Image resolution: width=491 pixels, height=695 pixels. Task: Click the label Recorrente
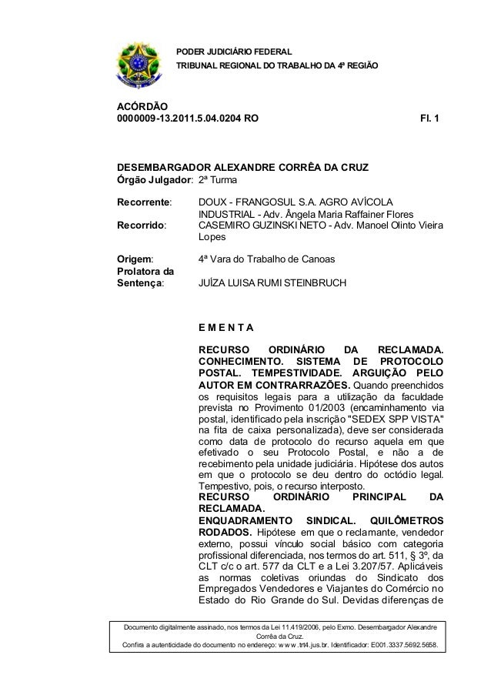(x=143, y=202)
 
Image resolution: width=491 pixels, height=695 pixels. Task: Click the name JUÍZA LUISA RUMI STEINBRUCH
(x=272, y=283)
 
